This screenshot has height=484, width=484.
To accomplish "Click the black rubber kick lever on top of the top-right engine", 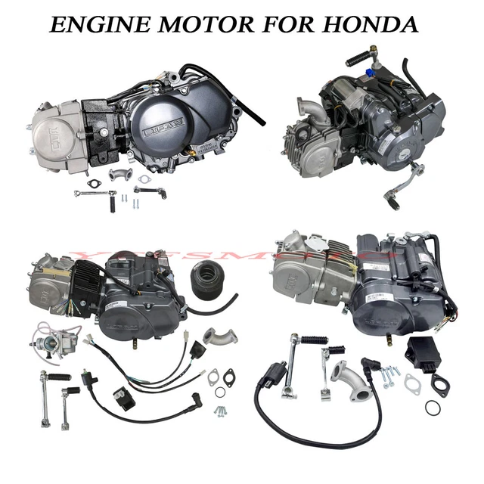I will pyautogui.click(x=362, y=57).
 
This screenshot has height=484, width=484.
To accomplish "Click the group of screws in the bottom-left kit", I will pyautogui.click(x=220, y=411).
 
